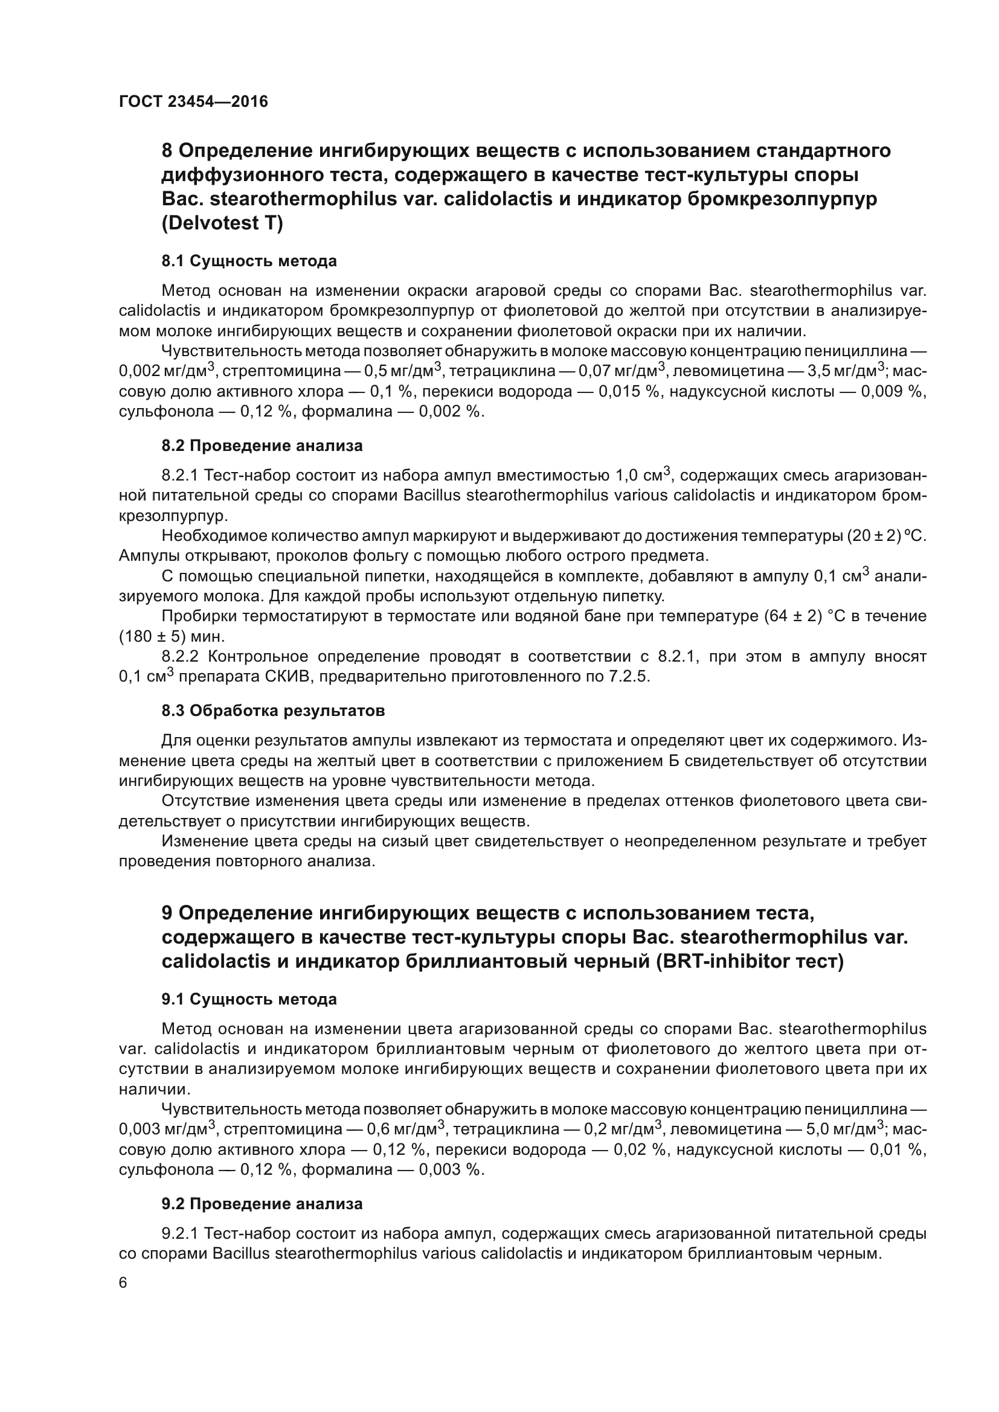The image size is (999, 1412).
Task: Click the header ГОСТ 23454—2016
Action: (193, 101)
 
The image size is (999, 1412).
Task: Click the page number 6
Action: (123, 1283)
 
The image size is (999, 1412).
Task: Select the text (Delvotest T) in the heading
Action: (222, 223)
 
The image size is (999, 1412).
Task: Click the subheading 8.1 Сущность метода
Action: (249, 261)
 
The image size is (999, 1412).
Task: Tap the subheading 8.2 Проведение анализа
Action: (262, 446)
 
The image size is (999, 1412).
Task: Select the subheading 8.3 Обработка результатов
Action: (273, 711)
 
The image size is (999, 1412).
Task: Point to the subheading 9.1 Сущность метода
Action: (249, 999)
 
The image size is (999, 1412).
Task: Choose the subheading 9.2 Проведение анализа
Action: (262, 1204)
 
